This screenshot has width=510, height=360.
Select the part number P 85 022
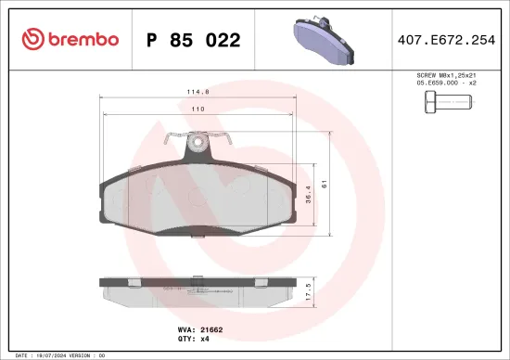click(194, 40)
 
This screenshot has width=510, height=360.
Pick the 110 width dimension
click(198, 109)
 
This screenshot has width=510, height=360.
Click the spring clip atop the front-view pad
click(197, 143)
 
